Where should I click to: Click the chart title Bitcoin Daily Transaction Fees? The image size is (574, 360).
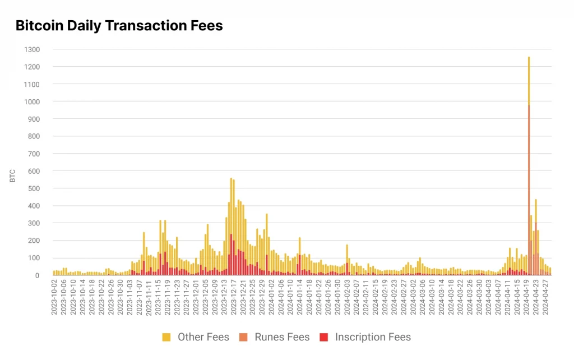119,26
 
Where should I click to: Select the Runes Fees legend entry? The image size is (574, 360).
281,337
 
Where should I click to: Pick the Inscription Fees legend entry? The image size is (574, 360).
373,337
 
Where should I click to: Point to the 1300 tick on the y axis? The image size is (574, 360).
31,49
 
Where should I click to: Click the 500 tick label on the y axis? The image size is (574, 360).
34,188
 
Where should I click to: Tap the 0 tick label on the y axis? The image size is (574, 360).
38,275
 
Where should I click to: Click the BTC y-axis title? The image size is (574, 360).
12,175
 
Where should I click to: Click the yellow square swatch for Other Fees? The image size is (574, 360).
166,337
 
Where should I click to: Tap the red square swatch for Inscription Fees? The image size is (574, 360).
323,337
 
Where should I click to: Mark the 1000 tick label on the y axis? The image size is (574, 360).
31,101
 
